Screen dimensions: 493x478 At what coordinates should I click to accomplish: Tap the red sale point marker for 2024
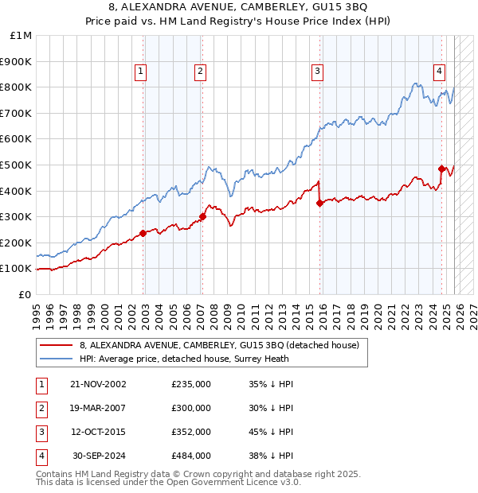[441, 169]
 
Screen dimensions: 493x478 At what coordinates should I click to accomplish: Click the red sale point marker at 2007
[202, 216]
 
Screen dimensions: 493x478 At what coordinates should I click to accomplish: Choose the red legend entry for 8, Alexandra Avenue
[220, 345]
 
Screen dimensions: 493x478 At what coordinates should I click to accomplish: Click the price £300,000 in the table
[191, 408]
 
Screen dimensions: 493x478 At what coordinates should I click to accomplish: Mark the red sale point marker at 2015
[319, 203]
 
